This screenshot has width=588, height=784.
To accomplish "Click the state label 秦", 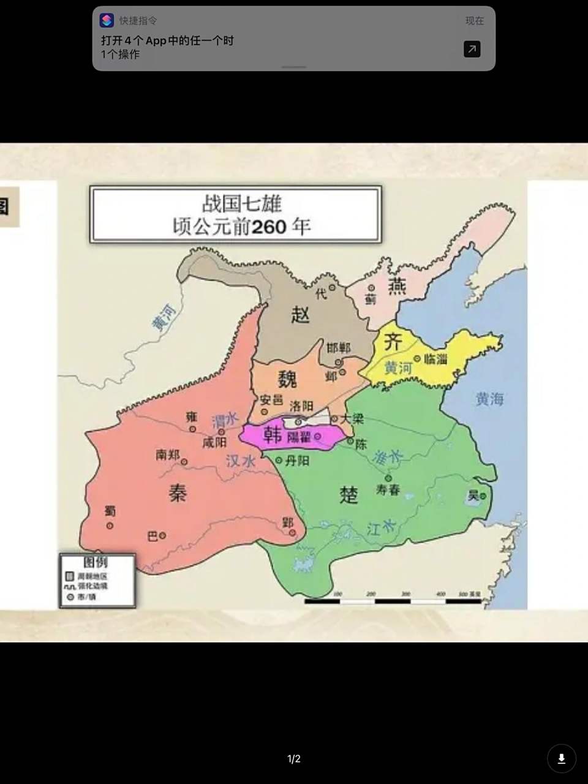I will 178,493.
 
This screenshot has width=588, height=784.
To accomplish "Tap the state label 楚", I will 349,494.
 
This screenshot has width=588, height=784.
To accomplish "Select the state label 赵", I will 300,314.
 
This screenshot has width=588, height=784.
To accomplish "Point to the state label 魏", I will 287,379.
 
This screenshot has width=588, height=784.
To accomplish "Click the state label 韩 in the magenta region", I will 272,435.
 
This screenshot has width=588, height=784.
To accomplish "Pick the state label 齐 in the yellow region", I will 393,342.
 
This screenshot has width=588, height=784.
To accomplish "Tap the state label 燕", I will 398,285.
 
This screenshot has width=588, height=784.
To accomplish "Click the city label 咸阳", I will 214,443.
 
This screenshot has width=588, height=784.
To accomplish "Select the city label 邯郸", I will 339,348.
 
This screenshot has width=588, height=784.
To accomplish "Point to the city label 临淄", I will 435,359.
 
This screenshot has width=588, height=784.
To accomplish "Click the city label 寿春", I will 388,490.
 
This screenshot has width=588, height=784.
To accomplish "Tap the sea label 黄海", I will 489,399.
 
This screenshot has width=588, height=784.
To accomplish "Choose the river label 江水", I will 380,527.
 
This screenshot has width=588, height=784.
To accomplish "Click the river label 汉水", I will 241,461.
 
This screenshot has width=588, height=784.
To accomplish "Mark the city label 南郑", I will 167,454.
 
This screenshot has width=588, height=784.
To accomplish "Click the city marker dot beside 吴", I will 483,497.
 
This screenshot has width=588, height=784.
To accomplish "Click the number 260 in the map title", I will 269,227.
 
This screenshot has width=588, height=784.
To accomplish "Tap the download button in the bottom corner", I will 561,759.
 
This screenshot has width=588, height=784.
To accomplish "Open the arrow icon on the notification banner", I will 472,49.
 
